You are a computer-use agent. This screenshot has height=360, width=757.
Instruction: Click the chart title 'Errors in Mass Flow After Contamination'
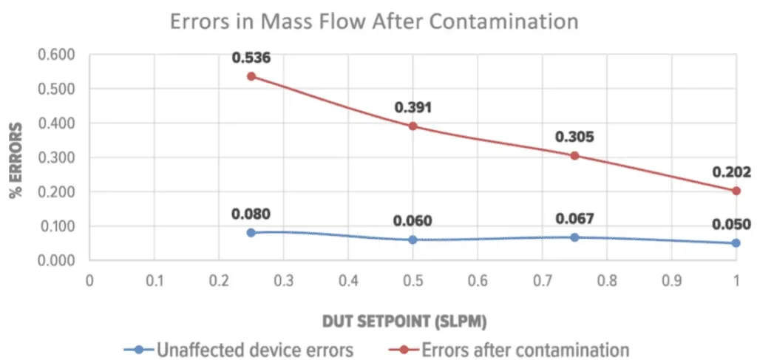coord(374,21)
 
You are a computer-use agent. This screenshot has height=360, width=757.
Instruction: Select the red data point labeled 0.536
coord(251,76)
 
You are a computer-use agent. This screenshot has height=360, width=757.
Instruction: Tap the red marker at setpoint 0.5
coord(413,126)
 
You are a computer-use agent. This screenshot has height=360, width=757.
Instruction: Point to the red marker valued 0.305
coord(574,155)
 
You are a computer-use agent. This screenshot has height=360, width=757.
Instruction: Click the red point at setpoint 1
coord(736,191)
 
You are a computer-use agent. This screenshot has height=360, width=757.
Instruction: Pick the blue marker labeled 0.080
coord(251,233)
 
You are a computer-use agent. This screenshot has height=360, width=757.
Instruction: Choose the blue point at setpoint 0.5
coord(413,240)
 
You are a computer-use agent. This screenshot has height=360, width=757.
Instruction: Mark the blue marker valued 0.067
coord(574,237)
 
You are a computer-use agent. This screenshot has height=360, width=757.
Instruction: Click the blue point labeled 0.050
coord(736,243)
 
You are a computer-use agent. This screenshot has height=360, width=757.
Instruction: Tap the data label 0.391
coord(413,108)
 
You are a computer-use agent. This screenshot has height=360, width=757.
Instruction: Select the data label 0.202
coord(732,173)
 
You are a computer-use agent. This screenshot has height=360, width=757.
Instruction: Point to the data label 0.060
coord(413,221)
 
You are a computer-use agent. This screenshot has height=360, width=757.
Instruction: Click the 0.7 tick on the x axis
coord(542,281)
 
